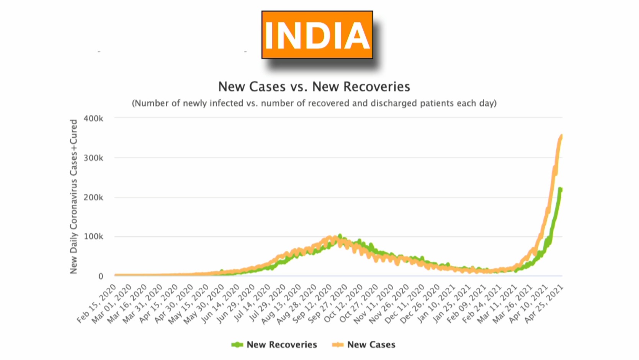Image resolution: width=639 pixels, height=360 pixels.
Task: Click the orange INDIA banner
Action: pos(317,35)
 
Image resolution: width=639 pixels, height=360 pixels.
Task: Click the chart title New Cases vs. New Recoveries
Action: pos(314,87)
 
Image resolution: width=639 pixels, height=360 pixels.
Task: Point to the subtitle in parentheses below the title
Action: pos(314,103)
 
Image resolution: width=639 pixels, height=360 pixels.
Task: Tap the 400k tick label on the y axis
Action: pos(93,119)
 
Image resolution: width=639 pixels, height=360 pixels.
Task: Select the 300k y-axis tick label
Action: pos(93,158)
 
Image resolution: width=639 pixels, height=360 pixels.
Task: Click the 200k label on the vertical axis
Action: pos(93,197)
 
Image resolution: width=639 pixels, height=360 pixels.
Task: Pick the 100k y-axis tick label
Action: pos(93,237)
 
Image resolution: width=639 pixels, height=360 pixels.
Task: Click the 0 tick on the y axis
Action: pos(101,276)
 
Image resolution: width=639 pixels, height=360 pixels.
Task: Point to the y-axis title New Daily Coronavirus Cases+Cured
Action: pos(74,197)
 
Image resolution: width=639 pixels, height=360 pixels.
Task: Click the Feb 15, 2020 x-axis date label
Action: pos(96,304)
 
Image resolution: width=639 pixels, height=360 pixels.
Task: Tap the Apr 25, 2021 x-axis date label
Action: pos(544,304)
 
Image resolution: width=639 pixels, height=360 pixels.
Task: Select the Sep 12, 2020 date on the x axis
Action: pos(312,304)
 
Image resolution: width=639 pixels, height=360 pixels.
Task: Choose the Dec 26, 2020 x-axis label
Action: pos(420,304)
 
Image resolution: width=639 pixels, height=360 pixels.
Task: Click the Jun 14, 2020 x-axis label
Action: pos(220,304)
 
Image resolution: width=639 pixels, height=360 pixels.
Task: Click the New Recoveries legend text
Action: pos(282,345)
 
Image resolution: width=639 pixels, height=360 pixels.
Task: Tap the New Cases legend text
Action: pos(371,345)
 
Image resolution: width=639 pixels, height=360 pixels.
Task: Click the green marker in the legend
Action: pos(237,345)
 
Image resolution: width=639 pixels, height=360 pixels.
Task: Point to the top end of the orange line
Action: pos(561,135)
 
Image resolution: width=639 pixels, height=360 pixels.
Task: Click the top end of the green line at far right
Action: pos(560,189)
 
